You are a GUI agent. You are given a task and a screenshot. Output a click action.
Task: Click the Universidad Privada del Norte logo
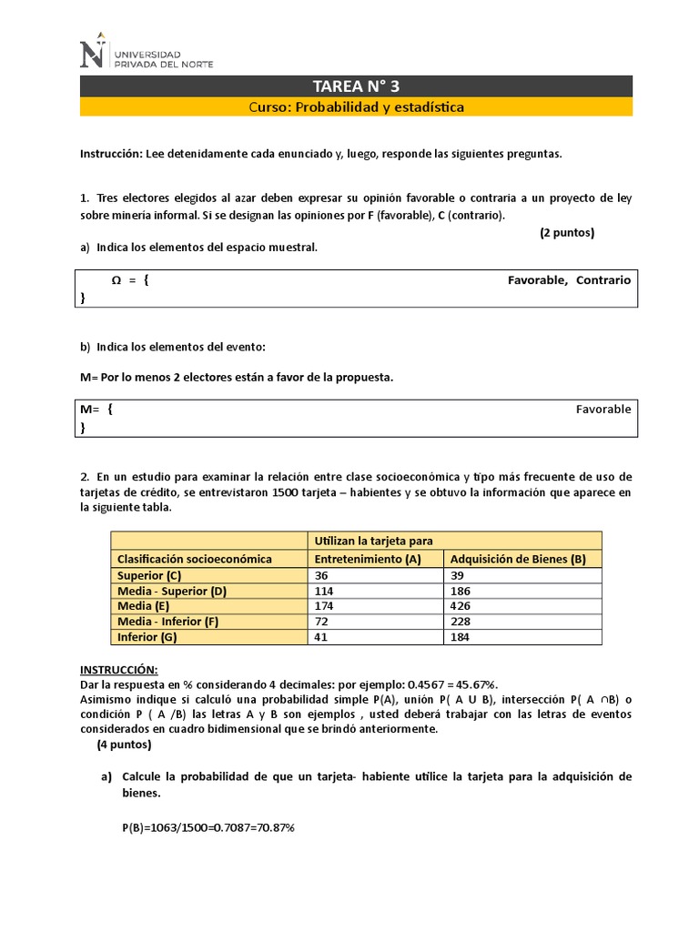pyautogui.click(x=147, y=54)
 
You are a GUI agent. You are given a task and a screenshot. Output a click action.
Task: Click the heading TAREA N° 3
pyautogui.click(x=356, y=86)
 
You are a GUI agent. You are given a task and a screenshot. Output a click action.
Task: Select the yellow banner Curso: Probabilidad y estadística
pyautogui.click(x=356, y=107)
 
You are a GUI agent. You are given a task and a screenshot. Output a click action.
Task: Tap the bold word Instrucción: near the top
pyautogui.click(x=111, y=154)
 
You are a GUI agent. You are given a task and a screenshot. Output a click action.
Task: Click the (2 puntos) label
pyautogui.click(x=566, y=232)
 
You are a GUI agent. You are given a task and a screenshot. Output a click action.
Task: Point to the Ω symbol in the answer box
pyautogui.click(x=116, y=280)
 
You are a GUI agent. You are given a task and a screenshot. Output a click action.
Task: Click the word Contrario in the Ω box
pyautogui.click(x=603, y=280)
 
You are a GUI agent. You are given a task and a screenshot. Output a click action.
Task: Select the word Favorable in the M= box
pyautogui.click(x=603, y=410)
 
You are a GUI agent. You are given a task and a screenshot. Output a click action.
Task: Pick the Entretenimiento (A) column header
pyautogui.click(x=367, y=559)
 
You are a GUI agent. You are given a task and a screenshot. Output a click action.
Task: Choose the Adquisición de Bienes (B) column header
pyautogui.click(x=518, y=559)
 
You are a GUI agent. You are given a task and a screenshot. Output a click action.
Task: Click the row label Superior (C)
pyautogui.click(x=149, y=576)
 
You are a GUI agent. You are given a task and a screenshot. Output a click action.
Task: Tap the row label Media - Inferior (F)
pyautogui.click(x=168, y=622)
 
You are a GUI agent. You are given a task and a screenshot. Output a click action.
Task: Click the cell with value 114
pyautogui.click(x=325, y=592)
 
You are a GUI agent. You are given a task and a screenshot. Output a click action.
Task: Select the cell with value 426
pyautogui.click(x=461, y=606)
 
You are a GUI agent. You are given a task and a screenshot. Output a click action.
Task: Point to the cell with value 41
pyautogui.click(x=321, y=637)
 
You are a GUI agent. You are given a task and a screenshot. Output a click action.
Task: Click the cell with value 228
pyautogui.click(x=461, y=622)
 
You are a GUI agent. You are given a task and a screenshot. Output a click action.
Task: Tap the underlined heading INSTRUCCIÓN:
pyautogui.click(x=118, y=669)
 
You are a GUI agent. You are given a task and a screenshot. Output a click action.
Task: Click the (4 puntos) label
pyautogui.click(x=124, y=745)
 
